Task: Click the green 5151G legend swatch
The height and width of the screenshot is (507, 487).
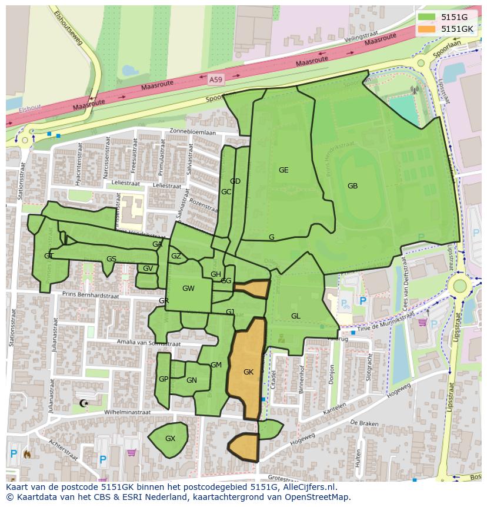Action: point(427,18)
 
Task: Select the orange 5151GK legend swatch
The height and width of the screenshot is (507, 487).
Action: point(427,29)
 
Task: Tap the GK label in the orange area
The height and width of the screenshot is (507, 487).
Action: point(248,372)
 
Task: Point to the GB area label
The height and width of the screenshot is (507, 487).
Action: point(352,186)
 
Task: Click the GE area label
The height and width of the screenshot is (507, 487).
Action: point(283,170)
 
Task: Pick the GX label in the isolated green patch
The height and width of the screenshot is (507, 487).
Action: point(170,439)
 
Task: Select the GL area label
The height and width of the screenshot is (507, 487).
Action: point(295,316)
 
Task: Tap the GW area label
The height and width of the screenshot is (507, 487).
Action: point(188,289)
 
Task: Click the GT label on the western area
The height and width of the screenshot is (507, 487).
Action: point(48,256)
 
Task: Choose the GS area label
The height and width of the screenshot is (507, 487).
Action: point(111,259)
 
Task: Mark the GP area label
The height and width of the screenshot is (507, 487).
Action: point(164,379)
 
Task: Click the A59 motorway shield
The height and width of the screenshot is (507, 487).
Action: point(216,78)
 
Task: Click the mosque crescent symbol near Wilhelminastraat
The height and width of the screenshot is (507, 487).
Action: point(83,403)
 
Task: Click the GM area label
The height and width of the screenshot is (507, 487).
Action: point(216,365)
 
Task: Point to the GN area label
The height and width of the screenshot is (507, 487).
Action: point(191,380)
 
